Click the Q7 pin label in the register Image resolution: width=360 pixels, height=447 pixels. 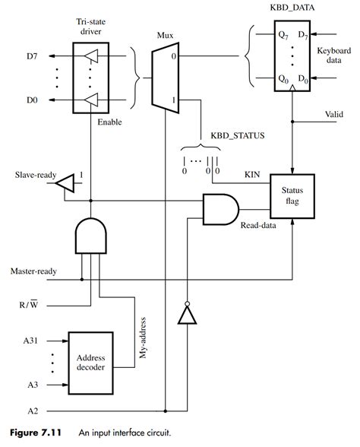(x=261, y=35)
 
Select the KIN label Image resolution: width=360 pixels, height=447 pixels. (x=252, y=174)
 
